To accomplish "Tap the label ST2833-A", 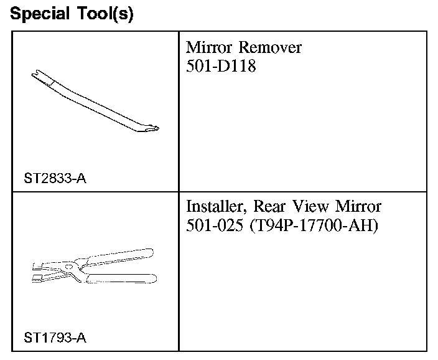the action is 55,179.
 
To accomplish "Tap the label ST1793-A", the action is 55,339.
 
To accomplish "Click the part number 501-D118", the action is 221,65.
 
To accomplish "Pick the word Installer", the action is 215,206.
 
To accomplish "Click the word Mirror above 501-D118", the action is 210,48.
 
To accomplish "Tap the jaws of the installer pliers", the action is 42,270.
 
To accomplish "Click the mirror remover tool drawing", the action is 93,103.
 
